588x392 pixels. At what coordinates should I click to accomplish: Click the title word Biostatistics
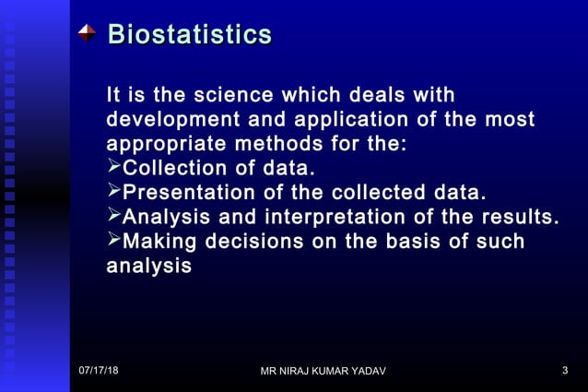pos(190,35)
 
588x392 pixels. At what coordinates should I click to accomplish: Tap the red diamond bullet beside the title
pos(87,33)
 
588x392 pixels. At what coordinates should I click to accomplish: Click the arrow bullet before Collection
pos(114,168)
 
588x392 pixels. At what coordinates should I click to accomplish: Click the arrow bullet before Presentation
pos(114,192)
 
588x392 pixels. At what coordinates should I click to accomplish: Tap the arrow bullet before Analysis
pos(114,217)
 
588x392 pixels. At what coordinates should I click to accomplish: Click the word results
pos(520,218)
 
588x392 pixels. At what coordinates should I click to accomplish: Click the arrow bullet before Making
pos(114,241)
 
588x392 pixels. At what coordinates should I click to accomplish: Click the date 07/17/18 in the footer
pos(98,370)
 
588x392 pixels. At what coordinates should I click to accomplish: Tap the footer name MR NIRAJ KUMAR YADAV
pos(323,371)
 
